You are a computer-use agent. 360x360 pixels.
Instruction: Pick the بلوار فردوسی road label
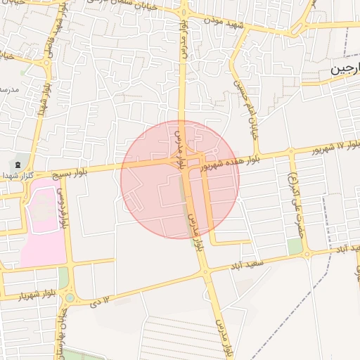click(64, 207)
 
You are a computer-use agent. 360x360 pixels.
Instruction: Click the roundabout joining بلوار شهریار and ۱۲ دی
click(70, 297)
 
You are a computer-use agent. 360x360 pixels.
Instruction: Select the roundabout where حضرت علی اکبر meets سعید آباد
click(307, 254)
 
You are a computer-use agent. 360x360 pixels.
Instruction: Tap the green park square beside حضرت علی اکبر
click(295, 247)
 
